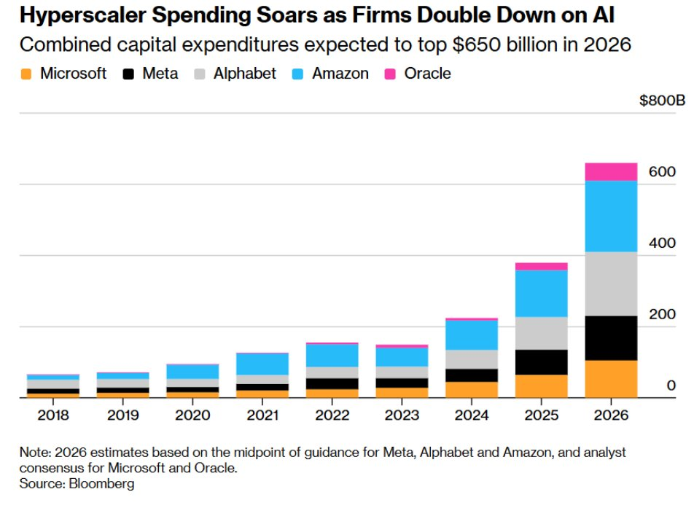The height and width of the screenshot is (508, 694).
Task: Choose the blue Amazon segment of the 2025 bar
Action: click(x=542, y=293)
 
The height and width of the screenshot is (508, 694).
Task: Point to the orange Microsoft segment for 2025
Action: click(x=542, y=386)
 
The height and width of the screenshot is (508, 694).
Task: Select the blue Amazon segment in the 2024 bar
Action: click(x=472, y=335)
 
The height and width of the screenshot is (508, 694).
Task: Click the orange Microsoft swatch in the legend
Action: click(x=26, y=74)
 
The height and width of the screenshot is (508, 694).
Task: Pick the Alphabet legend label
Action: click(x=245, y=74)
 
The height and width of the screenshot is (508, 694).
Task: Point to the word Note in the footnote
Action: click(x=34, y=453)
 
